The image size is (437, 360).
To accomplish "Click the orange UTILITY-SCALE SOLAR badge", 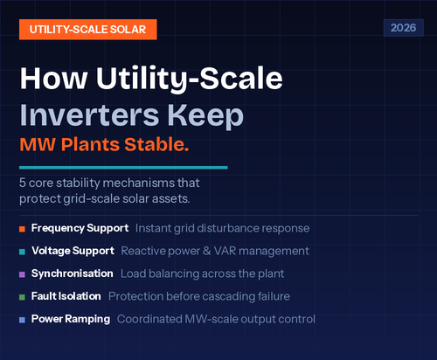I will [87, 28].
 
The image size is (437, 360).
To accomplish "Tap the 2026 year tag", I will [401, 28].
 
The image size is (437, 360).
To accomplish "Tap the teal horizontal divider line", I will [122, 167].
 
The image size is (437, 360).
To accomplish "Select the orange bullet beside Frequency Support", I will [21, 228].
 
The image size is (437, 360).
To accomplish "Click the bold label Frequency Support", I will [80, 228].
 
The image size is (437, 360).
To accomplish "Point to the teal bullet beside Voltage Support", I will [21, 251].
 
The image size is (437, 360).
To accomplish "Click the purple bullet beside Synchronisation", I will [21, 273].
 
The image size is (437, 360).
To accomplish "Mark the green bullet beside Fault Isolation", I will [21, 296].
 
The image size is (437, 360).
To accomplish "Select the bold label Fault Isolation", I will [66, 296].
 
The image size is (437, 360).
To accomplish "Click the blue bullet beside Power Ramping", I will [21, 319].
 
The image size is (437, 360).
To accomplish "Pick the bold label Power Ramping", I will [71, 319].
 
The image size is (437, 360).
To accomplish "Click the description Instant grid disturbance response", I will [221, 228].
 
